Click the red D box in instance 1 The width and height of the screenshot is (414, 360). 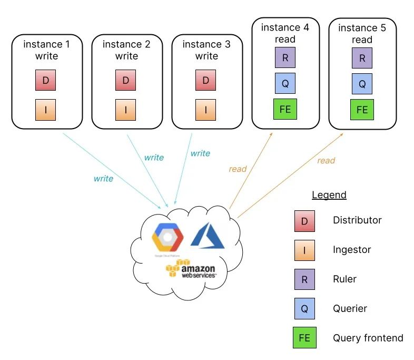point(45,81)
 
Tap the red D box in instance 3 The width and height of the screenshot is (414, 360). point(206,81)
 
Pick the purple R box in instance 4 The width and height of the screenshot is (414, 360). point(285,57)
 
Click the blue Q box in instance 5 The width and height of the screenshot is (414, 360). point(362,83)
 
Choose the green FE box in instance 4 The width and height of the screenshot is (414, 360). point(285,109)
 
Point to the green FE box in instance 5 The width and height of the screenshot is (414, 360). point(362,110)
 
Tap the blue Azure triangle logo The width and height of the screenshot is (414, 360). point(208,236)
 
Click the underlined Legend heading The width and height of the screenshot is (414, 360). point(329,195)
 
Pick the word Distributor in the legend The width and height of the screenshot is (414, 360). point(357,220)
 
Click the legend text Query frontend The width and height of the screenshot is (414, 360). point(368,338)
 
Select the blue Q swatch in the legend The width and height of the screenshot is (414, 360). point(304,309)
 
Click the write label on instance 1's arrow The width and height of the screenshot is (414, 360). point(103,179)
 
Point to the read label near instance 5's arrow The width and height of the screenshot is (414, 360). point(326,160)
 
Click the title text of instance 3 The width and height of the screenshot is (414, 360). point(206,50)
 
